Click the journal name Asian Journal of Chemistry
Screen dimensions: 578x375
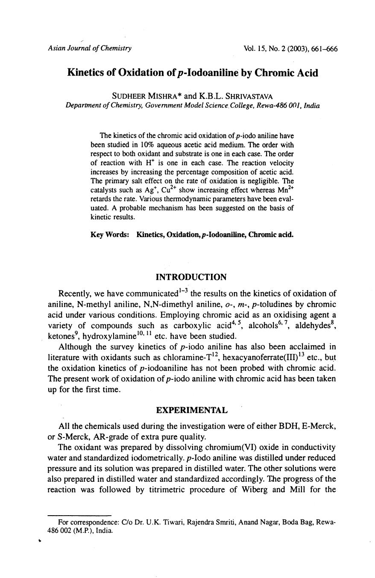(90, 48)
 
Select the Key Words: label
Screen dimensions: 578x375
(110, 235)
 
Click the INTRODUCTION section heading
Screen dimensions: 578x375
(191, 277)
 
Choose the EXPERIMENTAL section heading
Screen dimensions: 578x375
(192, 410)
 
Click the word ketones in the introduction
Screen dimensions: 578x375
(63, 336)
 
